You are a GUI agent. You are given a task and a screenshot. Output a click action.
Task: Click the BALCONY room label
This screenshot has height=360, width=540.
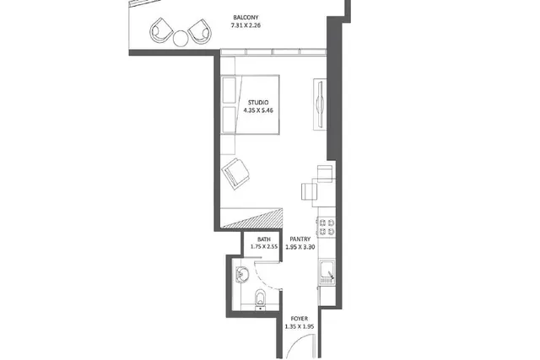click(x=246, y=17)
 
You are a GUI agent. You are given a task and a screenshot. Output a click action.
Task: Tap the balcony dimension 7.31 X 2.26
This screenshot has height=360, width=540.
click(x=246, y=25)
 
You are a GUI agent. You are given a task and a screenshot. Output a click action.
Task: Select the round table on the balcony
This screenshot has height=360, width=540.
click(x=181, y=38)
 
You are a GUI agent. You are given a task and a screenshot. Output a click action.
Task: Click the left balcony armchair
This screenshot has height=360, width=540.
click(x=161, y=30)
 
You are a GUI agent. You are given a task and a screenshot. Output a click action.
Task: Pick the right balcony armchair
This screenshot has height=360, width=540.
click(x=200, y=32)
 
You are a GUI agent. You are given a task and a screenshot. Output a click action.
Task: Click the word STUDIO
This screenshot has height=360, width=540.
click(x=258, y=102)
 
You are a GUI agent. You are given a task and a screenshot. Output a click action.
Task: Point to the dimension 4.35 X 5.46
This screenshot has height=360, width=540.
click(x=258, y=110)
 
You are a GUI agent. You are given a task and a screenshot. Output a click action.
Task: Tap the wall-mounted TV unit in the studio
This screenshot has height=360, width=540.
click(x=320, y=105)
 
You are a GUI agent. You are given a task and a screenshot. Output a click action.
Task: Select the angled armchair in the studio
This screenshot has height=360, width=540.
click(x=235, y=174)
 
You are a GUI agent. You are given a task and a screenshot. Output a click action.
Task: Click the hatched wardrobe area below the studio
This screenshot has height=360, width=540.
click(x=251, y=218)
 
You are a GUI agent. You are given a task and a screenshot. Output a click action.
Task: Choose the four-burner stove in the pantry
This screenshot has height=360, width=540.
click(x=327, y=227)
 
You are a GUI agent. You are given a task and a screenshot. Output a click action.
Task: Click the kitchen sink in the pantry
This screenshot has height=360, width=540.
click(x=327, y=272)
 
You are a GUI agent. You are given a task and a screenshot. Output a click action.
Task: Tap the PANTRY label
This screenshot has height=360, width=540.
click(x=300, y=239)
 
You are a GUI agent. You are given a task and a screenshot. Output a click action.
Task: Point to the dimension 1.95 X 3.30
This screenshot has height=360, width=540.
click(x=300, y=247)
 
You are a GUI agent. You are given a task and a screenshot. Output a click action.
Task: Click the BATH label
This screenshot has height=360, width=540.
click(x=264, y=239)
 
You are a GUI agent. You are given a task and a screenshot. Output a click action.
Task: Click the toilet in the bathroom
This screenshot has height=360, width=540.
click(x=261, y=298)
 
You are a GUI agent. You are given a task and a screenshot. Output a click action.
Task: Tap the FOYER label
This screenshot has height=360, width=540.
click(x=300, y=319)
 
